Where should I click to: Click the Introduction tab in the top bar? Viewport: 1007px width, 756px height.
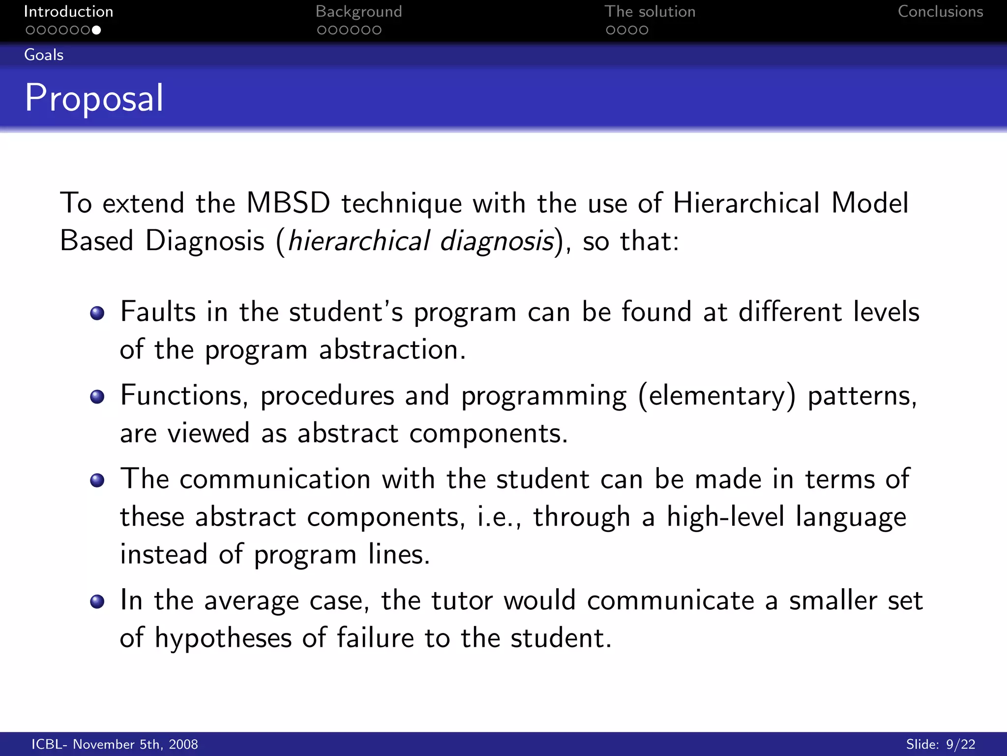coord(68,11)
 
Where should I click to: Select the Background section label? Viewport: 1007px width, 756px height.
coord(358,11)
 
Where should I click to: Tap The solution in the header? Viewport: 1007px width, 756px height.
coord(650,11)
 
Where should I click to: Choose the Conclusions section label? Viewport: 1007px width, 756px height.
coord(940,11)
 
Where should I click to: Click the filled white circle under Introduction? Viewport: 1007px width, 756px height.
coord(96,30)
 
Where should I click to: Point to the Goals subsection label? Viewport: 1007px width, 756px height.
coord(44,55)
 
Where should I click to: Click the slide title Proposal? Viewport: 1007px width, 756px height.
coord(94,98)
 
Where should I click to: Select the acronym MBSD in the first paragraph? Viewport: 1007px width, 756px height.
coord(288,203)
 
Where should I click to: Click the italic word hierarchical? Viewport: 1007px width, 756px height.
coord(359,241)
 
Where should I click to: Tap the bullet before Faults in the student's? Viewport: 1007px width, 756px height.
coord(97,313)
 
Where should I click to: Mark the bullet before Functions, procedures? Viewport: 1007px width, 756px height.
coord(97,397)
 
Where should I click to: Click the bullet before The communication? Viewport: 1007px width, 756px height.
coord(97,480)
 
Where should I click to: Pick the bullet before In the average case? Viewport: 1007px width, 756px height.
coord(97,601)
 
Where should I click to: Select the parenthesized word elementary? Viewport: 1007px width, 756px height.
coord(717,396)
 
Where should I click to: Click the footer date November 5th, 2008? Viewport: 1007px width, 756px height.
coord(135,744)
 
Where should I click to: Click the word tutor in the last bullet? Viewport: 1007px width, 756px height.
coord(462,600)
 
